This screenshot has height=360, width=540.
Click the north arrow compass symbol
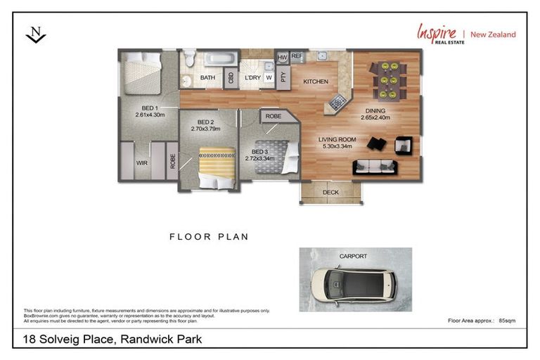tap(35, 34)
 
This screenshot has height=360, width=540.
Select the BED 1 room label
tap(148, 108)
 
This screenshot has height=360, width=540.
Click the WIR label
tap(142, 162)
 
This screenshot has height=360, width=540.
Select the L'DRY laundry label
tap(252, 77)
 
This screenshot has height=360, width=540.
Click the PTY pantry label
tap(283, 77)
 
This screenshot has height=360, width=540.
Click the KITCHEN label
tap(316, 82)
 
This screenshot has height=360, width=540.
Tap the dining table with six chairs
tap(387, 79)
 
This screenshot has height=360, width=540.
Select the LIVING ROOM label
tap(337, 139)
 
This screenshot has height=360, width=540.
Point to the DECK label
tap(330, 192)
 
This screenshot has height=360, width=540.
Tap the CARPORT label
tap(353, 257)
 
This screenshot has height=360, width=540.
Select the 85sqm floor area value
tap(506, 320)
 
